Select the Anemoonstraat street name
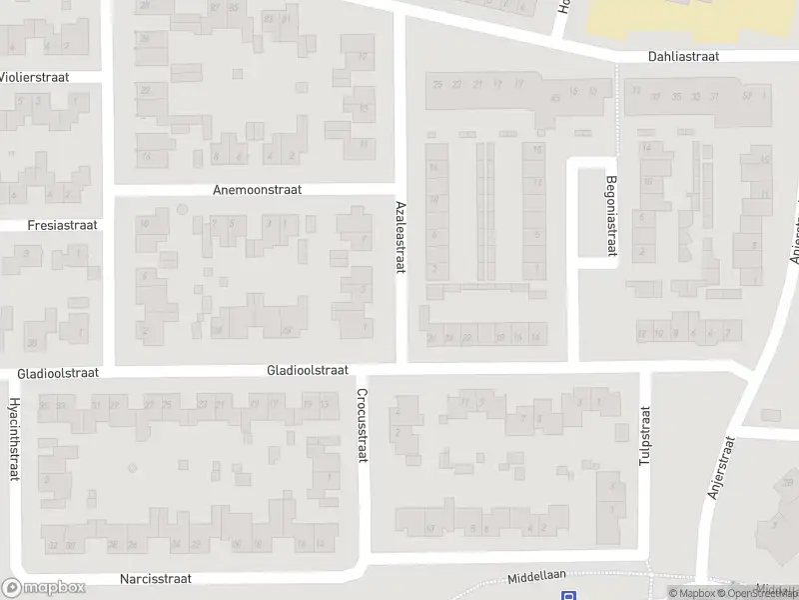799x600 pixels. (257, 189)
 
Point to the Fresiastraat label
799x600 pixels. (63, 225)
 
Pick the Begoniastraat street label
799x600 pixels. (611, 216)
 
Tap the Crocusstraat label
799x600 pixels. (363, 425)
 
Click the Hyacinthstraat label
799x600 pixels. (14, 439)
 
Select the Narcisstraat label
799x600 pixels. (155, 579)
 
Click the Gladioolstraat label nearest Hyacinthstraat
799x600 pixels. (58, 373)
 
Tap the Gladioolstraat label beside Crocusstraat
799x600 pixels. (307, 370)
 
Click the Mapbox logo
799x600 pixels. (44, 588)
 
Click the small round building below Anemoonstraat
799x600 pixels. (182, 209)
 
